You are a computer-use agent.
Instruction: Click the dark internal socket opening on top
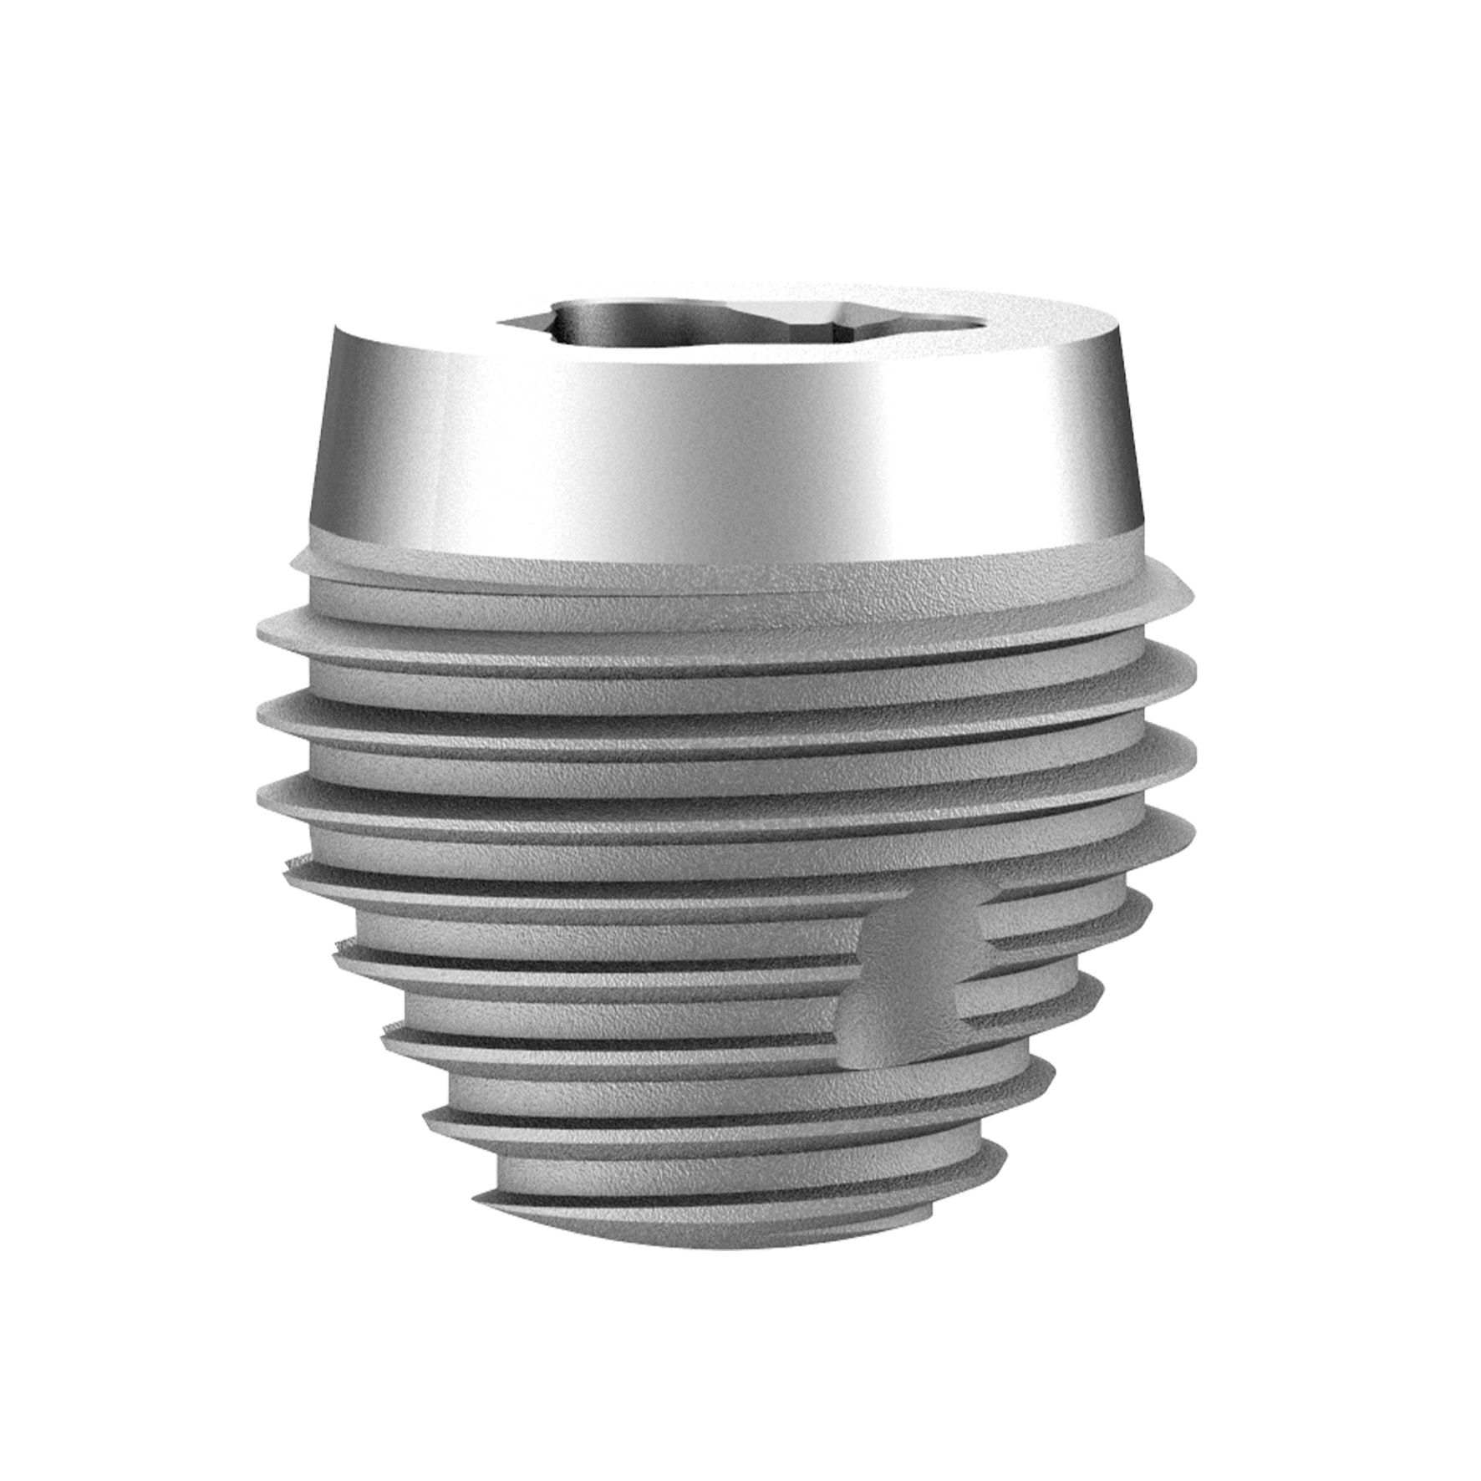click(x=635, y=322)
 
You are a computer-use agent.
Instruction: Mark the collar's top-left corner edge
click(x=334, y=328)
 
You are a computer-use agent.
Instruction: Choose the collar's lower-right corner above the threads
click(x=1140, y=527)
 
